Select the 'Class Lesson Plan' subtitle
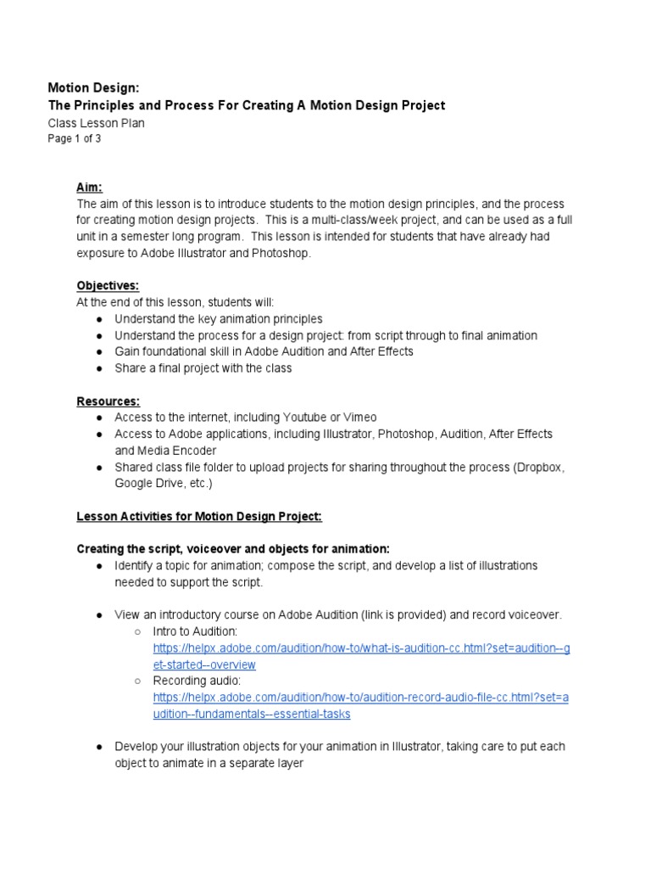tap(96, 123)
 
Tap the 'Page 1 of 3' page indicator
tap(74, 139)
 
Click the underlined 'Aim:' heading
tap(90, 188)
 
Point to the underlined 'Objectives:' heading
tap(108, 286)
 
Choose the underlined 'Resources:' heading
tap(108, 401)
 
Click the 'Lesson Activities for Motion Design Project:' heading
tap(199, 516)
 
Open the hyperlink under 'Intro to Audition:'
tap(361, 648)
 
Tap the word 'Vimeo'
tap(360, 418)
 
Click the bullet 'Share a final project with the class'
tap(203, 368)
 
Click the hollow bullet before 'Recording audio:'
tap(138, 681)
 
